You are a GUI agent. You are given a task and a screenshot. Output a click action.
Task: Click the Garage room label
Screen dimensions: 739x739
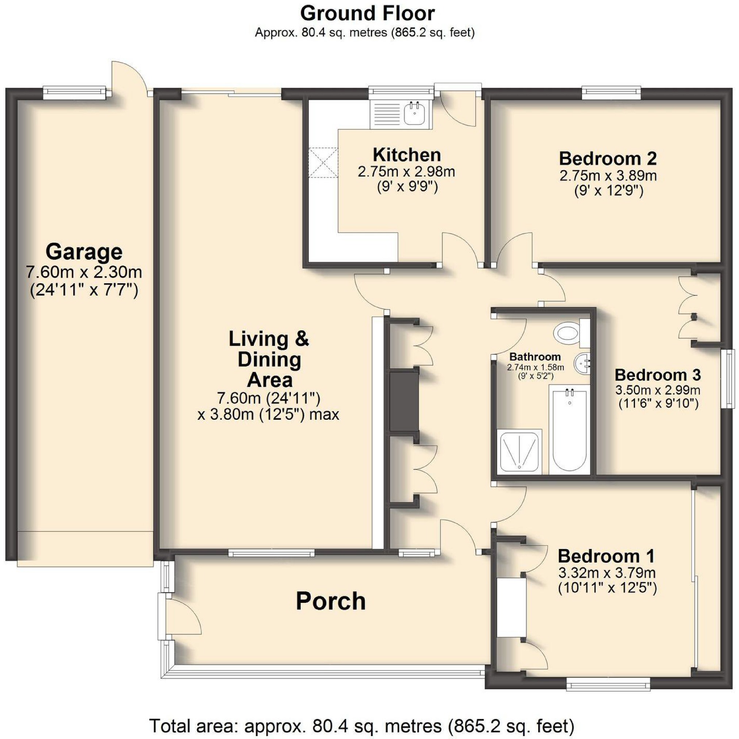click(84, 252)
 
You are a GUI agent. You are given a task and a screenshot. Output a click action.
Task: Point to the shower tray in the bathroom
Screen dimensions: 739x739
click(519, 451)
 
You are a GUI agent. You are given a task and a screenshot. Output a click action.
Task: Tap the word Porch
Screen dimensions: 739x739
click(331, 601)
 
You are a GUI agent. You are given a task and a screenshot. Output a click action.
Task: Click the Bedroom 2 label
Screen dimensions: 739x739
click(608, 158)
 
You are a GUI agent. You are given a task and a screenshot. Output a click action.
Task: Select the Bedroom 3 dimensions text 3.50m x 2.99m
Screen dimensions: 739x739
click(658, 390)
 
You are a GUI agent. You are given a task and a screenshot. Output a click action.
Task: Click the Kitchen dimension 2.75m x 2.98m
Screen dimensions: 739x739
click(406, 172)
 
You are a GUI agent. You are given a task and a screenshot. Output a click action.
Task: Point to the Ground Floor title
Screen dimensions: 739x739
click(367, 14)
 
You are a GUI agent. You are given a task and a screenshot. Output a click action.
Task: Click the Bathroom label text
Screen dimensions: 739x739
click(535, 357)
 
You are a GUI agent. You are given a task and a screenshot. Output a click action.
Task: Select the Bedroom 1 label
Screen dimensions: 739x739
click(606, 556)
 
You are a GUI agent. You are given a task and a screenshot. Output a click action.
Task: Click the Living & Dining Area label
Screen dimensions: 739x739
click(269, 359)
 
